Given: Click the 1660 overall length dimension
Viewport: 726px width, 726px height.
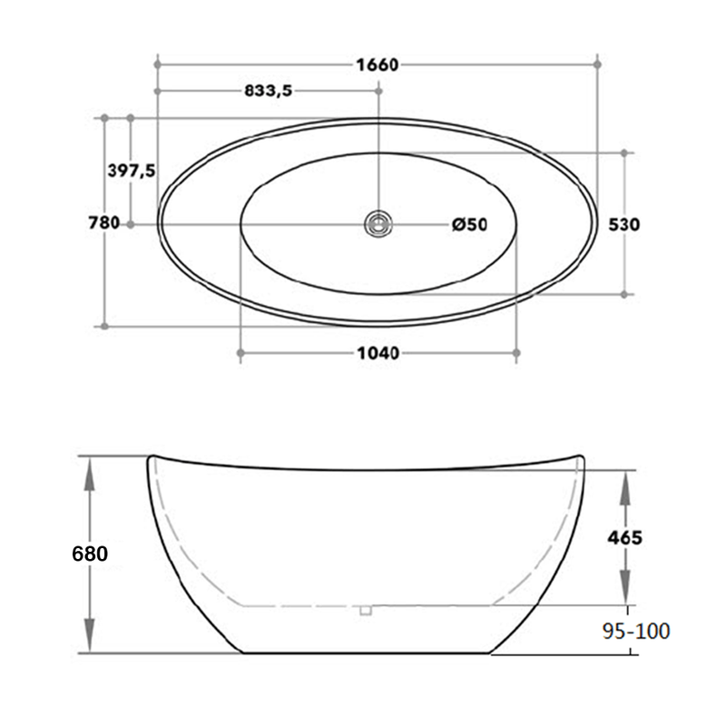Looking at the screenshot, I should [x=378, y=64].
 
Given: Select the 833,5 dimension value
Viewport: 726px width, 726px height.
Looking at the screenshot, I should [x=268, y=91].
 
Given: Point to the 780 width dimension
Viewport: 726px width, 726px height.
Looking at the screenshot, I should [x=104, y=224].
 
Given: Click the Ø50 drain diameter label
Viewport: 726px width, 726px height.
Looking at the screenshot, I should [x=470, y=224].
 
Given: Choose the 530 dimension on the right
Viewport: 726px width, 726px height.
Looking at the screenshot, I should [x=626, y=224].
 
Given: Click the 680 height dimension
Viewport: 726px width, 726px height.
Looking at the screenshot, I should [x=91, y=554].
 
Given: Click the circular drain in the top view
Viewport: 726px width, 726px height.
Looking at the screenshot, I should [x=378, y=223].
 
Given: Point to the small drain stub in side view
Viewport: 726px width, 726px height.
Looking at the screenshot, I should [x=366, y=610].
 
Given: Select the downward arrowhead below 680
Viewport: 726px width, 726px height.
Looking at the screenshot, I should [x=91, y=639].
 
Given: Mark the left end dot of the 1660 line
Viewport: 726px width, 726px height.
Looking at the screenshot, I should [x=158, y=64].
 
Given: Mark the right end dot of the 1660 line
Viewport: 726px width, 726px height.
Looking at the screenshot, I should [x=597, y=64].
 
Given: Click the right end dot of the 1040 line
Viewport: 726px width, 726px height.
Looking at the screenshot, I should [x=516, y=353].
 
